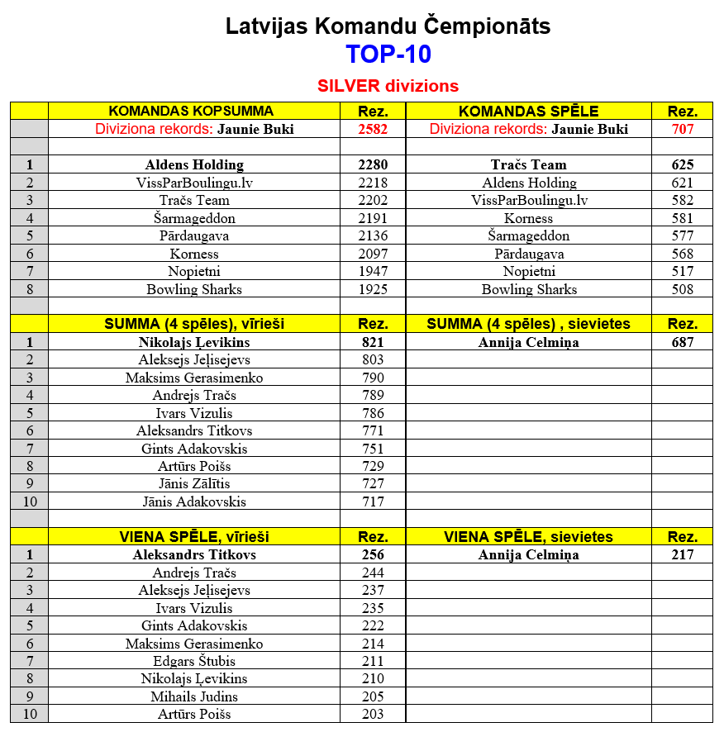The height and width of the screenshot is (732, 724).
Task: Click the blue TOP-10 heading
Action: click(388, 55)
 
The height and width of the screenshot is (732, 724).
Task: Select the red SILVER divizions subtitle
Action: click(388, 86)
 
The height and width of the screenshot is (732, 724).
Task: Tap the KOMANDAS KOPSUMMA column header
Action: click(191, 112)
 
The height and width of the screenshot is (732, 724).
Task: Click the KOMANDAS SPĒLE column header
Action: click(528, 112)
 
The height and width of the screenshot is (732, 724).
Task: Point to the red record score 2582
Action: click(373, 129)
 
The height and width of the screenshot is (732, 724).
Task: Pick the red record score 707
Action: click(683, 129)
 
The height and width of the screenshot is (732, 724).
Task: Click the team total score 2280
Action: click(373, 165)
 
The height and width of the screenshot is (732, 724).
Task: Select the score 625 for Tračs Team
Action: click(683, 165)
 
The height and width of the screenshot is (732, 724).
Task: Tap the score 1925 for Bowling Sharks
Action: click(373, 290)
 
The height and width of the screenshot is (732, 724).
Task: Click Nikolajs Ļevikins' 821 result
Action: click(373, 342)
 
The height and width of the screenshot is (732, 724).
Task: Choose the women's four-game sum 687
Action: click(683, 342)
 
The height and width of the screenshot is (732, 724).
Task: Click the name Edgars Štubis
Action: click(194, 661)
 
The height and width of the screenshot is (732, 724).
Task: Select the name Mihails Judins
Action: click(194, 696)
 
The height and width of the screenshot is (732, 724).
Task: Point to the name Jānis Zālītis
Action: click(194, 484)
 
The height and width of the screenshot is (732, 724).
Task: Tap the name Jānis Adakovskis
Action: click(194, 501)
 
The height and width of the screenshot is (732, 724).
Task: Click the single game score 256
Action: click(373, 555)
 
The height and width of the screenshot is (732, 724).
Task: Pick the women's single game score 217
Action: click(683, 555)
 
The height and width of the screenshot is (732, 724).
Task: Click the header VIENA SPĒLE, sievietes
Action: click(528, 537)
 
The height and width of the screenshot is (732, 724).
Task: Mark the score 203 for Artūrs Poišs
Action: click(373, 715)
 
